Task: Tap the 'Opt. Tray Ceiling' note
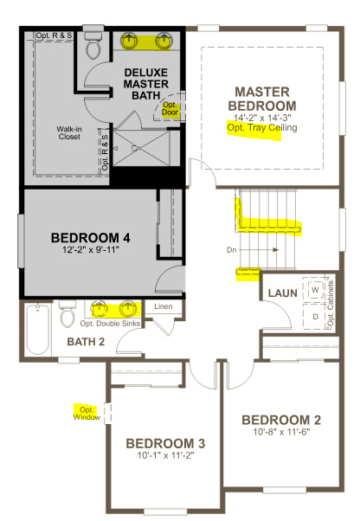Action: (x=261, y=128)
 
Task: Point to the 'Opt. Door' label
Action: (x=169, y=109)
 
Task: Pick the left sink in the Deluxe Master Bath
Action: (x=129, y=40)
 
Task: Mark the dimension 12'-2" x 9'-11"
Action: (x=91, y=251)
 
